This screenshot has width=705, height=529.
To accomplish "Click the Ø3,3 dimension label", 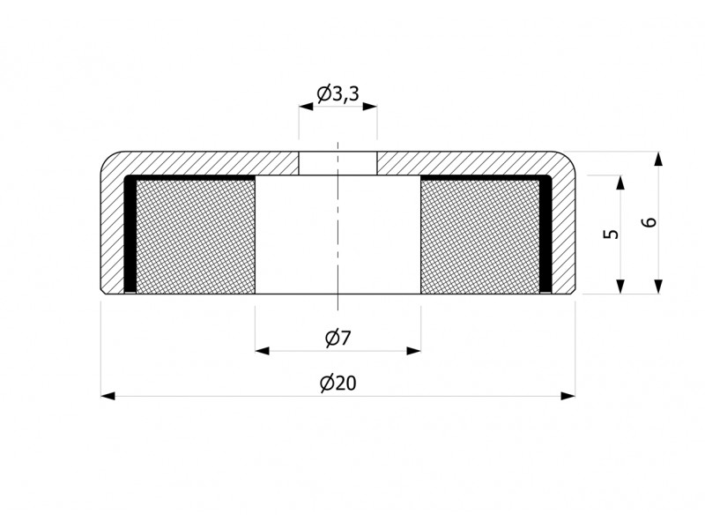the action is point(338,94).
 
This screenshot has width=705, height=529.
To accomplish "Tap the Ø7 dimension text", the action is point(338,338).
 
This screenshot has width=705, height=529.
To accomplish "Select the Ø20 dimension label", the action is point(338,384).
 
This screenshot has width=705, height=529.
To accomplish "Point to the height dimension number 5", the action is point(611,234).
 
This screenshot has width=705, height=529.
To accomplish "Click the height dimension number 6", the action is point(649,222).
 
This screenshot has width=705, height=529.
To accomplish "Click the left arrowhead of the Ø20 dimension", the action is point(108,396).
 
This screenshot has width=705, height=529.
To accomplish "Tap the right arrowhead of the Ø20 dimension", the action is point(568,396).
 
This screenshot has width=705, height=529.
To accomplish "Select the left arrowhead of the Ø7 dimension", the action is point(262,350).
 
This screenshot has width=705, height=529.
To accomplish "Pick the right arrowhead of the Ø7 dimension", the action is point(413,350).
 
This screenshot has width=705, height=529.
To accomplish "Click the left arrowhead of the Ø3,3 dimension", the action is point(306,107).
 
